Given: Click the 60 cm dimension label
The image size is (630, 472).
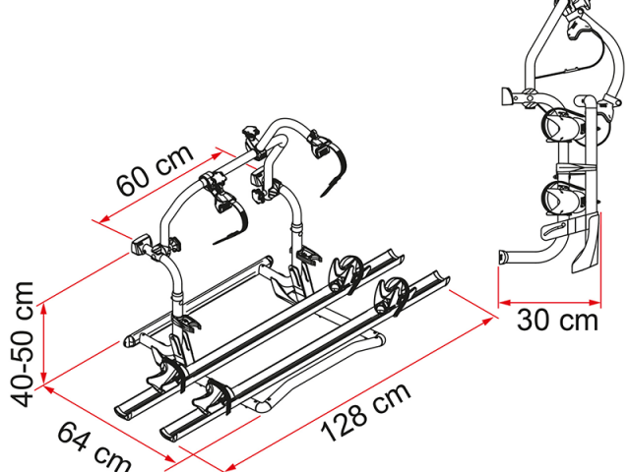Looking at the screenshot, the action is pyautogui.click(x=155, y=169).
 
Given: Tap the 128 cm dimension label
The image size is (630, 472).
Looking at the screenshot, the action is pyautogui.click(x=366, y=411).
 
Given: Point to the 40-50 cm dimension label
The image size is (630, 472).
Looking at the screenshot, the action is pyautogui.click(x=22, y=344).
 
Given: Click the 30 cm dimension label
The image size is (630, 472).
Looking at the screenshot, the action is pyautogui.click(x=558, y=321).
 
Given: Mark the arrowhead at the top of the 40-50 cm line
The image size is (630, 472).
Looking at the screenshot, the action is pyautogui.click(x=44, y=308).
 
